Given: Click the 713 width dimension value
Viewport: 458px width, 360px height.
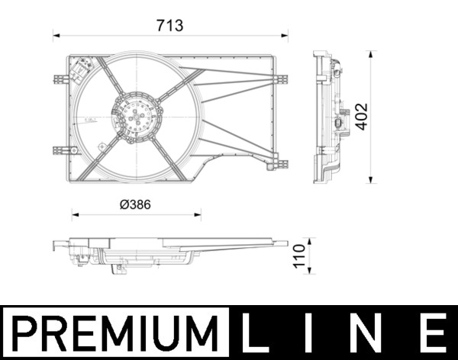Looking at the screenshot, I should pyautogui.click(x=170, y=26).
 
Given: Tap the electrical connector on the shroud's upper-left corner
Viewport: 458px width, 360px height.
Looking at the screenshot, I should pyautogui.click(x=81, y=70).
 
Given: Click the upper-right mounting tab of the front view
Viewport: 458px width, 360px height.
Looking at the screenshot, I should pyautogui.click(x=282, y=79).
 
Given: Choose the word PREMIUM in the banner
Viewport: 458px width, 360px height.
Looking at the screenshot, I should pyautogui.click(x=114, y=333).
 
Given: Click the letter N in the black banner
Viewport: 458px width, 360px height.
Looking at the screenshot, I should pyautogui.click(x=369, y=333).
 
